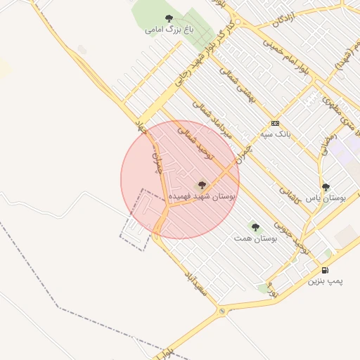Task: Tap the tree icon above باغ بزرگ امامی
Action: pyautogui.click(x=168, y=18)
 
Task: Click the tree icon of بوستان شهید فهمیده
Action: pyautogui.click(x=202, y=186)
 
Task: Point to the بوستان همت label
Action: pyautogui.click(x=255, y=239)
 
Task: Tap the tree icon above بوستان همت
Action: pyautogui.click(x=255, y=227)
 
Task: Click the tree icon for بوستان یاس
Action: pyautogui.click(x=325, y=187)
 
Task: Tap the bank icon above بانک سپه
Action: pyautogui.click(x=275, y=122)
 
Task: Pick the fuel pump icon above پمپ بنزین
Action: pyautogui.click(x=324, y=270)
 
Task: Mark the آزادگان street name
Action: pyautogui.click(x=282, y=21)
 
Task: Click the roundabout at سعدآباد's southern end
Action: pyautogui.click(x=222, y=310)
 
